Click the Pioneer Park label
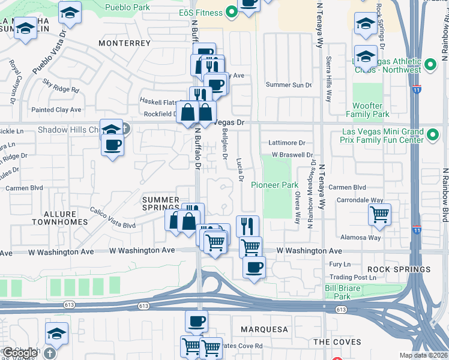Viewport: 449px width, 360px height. pos(274,185)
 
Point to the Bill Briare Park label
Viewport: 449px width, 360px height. pos(345,292)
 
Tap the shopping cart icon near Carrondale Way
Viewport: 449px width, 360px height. pos(379,214)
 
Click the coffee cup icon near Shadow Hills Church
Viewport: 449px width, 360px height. pos(112,145)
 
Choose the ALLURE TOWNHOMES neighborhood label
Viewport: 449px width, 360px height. pos(59,218)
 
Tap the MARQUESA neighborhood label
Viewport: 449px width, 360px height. pos(264,329)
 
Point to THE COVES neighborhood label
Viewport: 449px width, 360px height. pos(337,342)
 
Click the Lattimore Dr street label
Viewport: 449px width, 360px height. pos(288,143)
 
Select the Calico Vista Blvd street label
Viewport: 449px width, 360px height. pos(113,218)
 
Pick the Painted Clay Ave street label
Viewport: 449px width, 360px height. pos(56,110)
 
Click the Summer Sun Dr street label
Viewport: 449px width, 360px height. pos(289,85)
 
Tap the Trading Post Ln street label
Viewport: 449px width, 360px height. pos(355,277)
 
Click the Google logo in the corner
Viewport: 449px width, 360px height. pos(20,353)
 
